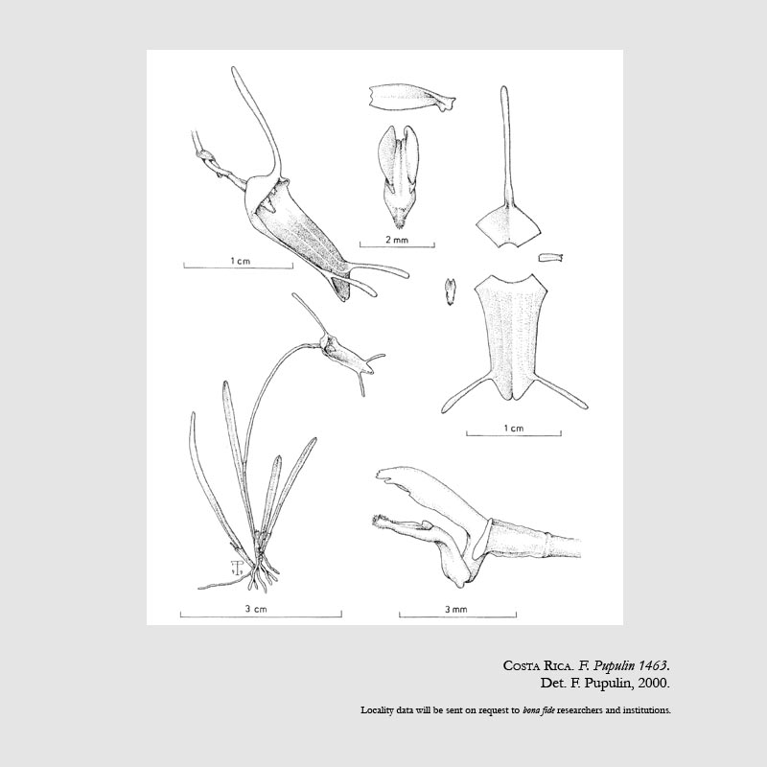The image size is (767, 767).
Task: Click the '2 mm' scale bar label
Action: pos(396,240)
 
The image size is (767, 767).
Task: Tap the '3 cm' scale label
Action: pos(256,609)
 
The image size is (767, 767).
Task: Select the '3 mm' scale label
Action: pos(456,610)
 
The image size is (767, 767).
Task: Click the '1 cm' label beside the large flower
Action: pos(241,261)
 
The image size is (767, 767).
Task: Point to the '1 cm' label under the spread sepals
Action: pos(514,428)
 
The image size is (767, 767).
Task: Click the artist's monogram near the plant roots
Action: pos(237,568)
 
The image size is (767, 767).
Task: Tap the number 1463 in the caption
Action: pos(653,665)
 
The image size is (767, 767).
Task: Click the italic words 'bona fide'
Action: pos(539,709)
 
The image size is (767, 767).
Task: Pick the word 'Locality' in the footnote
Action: pos(377,709)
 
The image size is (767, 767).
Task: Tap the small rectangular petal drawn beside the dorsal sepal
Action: pos(550,257)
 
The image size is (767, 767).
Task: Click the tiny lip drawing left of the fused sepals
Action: pos(450,292)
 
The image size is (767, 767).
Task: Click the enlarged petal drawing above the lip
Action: pos(412,99)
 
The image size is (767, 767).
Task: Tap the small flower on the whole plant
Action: pos(342,351)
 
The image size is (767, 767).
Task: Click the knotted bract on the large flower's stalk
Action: pos(205,156)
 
